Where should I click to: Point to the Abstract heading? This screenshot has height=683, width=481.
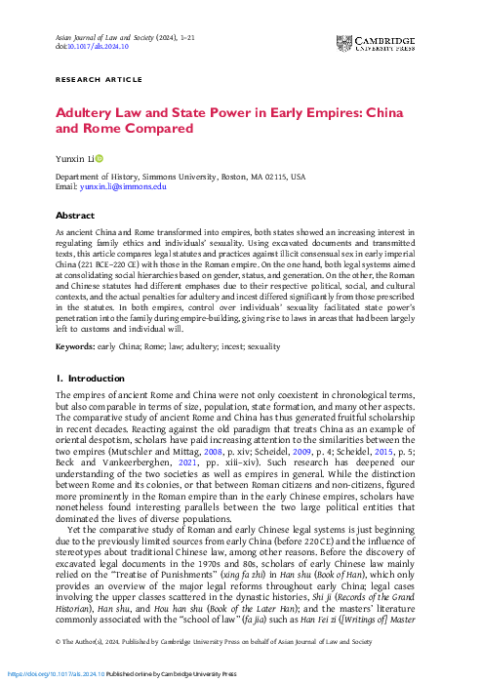(x=74, y=215)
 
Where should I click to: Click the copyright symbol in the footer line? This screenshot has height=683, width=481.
(x=58, y=642)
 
